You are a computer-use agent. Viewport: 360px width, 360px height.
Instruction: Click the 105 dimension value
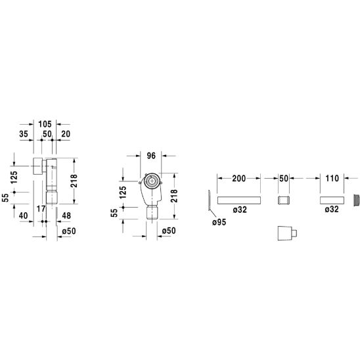pyautogui.click(x=45, y=124)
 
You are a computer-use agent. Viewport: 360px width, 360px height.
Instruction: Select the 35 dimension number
pyautogui.click(x=24, y=134)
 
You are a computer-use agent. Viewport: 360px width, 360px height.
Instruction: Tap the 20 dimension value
pyautogui.click(x=66, y=134)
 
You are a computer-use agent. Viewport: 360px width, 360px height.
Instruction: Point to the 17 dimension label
pyautogui.click(x=41, y=209)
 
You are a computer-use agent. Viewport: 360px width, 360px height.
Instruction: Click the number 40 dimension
pyautogui.click(x=23, y=215)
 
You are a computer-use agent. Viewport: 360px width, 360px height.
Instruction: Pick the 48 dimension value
pyautogui.click(x=66, y=215)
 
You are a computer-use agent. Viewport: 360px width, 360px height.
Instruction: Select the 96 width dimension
pyautogui.click(x=151, y=156)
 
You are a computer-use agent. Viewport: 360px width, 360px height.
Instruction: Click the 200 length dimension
pyautogui.click(x=238, y=179)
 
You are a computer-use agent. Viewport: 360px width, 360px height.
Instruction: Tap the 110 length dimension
pyautogui.click(x=332, y=178)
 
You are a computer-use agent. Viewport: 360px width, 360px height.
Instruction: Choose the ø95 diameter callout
pyautogui.click(x=219, y=222)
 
